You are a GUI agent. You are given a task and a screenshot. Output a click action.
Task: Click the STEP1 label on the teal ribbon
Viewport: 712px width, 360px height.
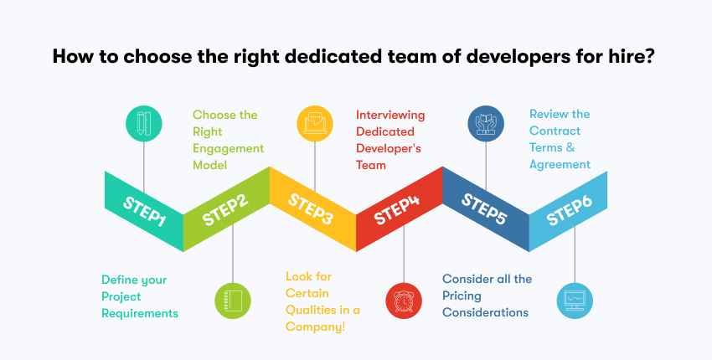(x=145, y=211)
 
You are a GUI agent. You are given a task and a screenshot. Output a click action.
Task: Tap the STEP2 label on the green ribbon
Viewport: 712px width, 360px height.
(x=226, y=211)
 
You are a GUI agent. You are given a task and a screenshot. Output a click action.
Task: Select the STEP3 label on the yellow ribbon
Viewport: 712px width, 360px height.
(x=312, y=209)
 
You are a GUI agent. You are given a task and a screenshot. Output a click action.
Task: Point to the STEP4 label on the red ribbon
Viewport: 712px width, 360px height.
(x=396, y=211)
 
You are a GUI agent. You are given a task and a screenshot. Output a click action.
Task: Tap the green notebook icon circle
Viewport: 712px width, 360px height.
(x=232, y=299)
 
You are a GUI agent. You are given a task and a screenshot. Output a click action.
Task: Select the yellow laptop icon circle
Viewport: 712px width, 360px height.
(x=314, y=123)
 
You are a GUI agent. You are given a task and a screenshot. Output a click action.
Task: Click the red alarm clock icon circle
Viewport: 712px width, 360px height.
(x=402, y=299)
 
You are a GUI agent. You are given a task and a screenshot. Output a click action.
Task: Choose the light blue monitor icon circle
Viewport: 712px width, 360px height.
(x=575, y=299)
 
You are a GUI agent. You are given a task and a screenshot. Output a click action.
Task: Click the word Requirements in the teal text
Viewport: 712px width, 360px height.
(x=140, y=313)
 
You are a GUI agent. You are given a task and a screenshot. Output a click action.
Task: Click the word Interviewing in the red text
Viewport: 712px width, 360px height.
(x=390, y=115)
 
